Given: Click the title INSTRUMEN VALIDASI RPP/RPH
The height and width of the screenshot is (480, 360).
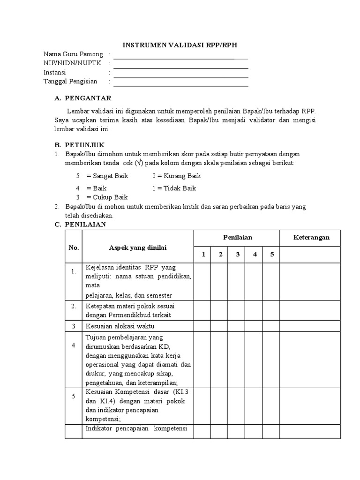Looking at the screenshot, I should pos(180,45).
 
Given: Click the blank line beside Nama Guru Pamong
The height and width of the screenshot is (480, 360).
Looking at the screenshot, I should pos(180,59).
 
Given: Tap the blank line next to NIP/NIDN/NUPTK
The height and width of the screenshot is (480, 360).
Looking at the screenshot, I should pos(180,68).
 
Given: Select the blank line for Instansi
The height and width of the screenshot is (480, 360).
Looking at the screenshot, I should pos(180,77).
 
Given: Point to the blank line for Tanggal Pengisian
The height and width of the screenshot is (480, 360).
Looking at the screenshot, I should pos(180,86).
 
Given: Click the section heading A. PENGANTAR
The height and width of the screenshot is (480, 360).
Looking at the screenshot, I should pos(82,98).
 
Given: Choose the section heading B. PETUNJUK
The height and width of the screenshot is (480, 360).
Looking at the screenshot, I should pos(80,145).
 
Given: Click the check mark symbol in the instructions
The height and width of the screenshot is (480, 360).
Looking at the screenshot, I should pos(138,163).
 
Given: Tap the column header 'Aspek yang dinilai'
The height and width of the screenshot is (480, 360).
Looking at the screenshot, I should pos(138,247).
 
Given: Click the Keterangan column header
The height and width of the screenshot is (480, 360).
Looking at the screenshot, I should pos(311,237).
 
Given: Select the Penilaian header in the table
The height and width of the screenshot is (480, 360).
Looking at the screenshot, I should pos(237,237).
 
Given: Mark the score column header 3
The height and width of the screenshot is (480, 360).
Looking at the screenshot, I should pos(238,255).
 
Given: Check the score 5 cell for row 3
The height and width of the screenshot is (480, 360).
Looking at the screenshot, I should pos(271,326).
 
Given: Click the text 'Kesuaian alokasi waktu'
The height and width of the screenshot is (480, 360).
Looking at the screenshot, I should pos(120,326).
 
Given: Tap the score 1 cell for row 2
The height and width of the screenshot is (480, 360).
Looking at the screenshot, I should pos(203,310).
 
